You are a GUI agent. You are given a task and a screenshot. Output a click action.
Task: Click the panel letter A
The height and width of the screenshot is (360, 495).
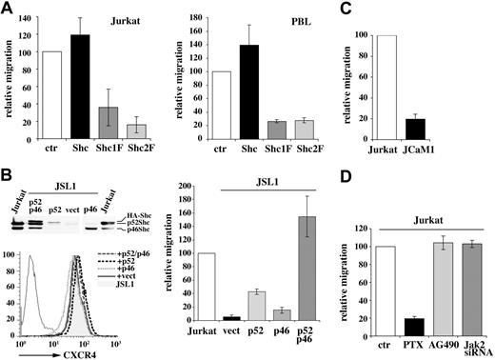8,9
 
